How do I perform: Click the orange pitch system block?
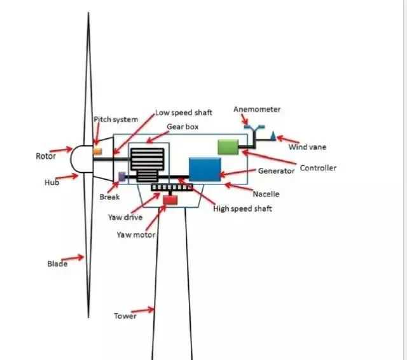click(97, 151)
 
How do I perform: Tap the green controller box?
click(227, 146)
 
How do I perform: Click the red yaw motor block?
click(170, 200)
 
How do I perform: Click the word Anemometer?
click(256, 109)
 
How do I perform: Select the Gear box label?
click(183, 127)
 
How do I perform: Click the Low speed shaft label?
click(184, 113)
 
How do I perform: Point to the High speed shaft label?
click(242, 209)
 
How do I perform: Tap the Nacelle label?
click(266, 193)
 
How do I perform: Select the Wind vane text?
click(307, 147)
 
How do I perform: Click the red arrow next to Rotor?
click(61, 151)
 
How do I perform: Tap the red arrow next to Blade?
click(76, 258)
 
